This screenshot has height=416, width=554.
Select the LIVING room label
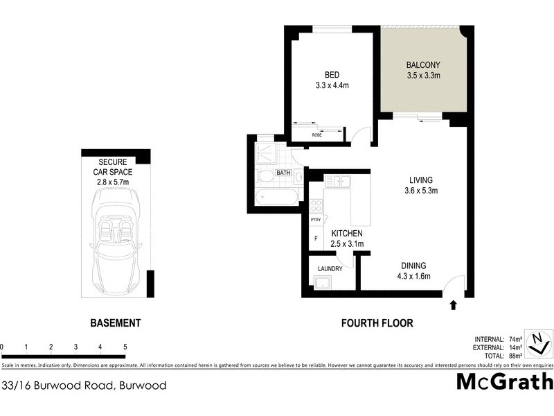(x=422, y=179)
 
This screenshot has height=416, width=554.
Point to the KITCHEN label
(x=347, y=233)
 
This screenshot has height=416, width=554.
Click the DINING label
(x=412, y=266)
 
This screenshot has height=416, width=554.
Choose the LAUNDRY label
(x=330, y=268)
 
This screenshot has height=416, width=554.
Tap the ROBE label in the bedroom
(x=316, y=135)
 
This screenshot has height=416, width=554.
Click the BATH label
(x=284, y=173)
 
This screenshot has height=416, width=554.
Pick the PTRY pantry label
(x=316, y=220)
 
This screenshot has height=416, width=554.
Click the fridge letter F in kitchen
(x=316, y=239)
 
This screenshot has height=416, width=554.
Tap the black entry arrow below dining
(x=454, y=304)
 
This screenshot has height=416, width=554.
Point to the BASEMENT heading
(x=116, y=323)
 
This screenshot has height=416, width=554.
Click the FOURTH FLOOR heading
(x=377, y=323)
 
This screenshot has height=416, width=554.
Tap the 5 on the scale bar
(x=125, y=346)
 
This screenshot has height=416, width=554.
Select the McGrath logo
(x=505, y=382)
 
